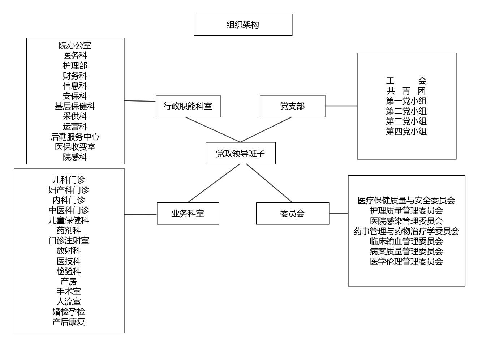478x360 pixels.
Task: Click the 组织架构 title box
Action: (243, 25)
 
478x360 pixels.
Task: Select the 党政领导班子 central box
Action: (241, 153)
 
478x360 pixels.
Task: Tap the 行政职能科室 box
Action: (188, 106)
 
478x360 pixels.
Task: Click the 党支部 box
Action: (292, 106)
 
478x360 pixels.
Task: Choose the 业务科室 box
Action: (188, 214)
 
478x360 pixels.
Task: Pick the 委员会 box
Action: (292, 214)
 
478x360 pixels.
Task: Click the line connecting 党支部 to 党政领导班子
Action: (266, 130)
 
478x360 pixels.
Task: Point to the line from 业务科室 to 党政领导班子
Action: (214, 183)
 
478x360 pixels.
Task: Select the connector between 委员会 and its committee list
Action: (339, 213)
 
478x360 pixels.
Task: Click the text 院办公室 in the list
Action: (75, 46)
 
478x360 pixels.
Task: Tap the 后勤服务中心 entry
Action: (75, 137)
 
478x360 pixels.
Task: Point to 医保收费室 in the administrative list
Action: (75, 147)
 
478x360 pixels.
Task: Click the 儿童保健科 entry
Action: (69, 220)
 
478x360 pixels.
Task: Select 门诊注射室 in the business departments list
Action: (69, 241)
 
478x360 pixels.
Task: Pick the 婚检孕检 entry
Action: (69, 312)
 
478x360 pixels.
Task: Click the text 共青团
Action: (406, 91)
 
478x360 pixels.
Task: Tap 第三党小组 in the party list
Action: (406, 121)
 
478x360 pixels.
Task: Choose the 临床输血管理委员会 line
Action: (406, 241)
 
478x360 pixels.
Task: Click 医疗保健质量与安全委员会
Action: (406, 201)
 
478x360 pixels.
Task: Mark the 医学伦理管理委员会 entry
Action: (406, 261)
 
